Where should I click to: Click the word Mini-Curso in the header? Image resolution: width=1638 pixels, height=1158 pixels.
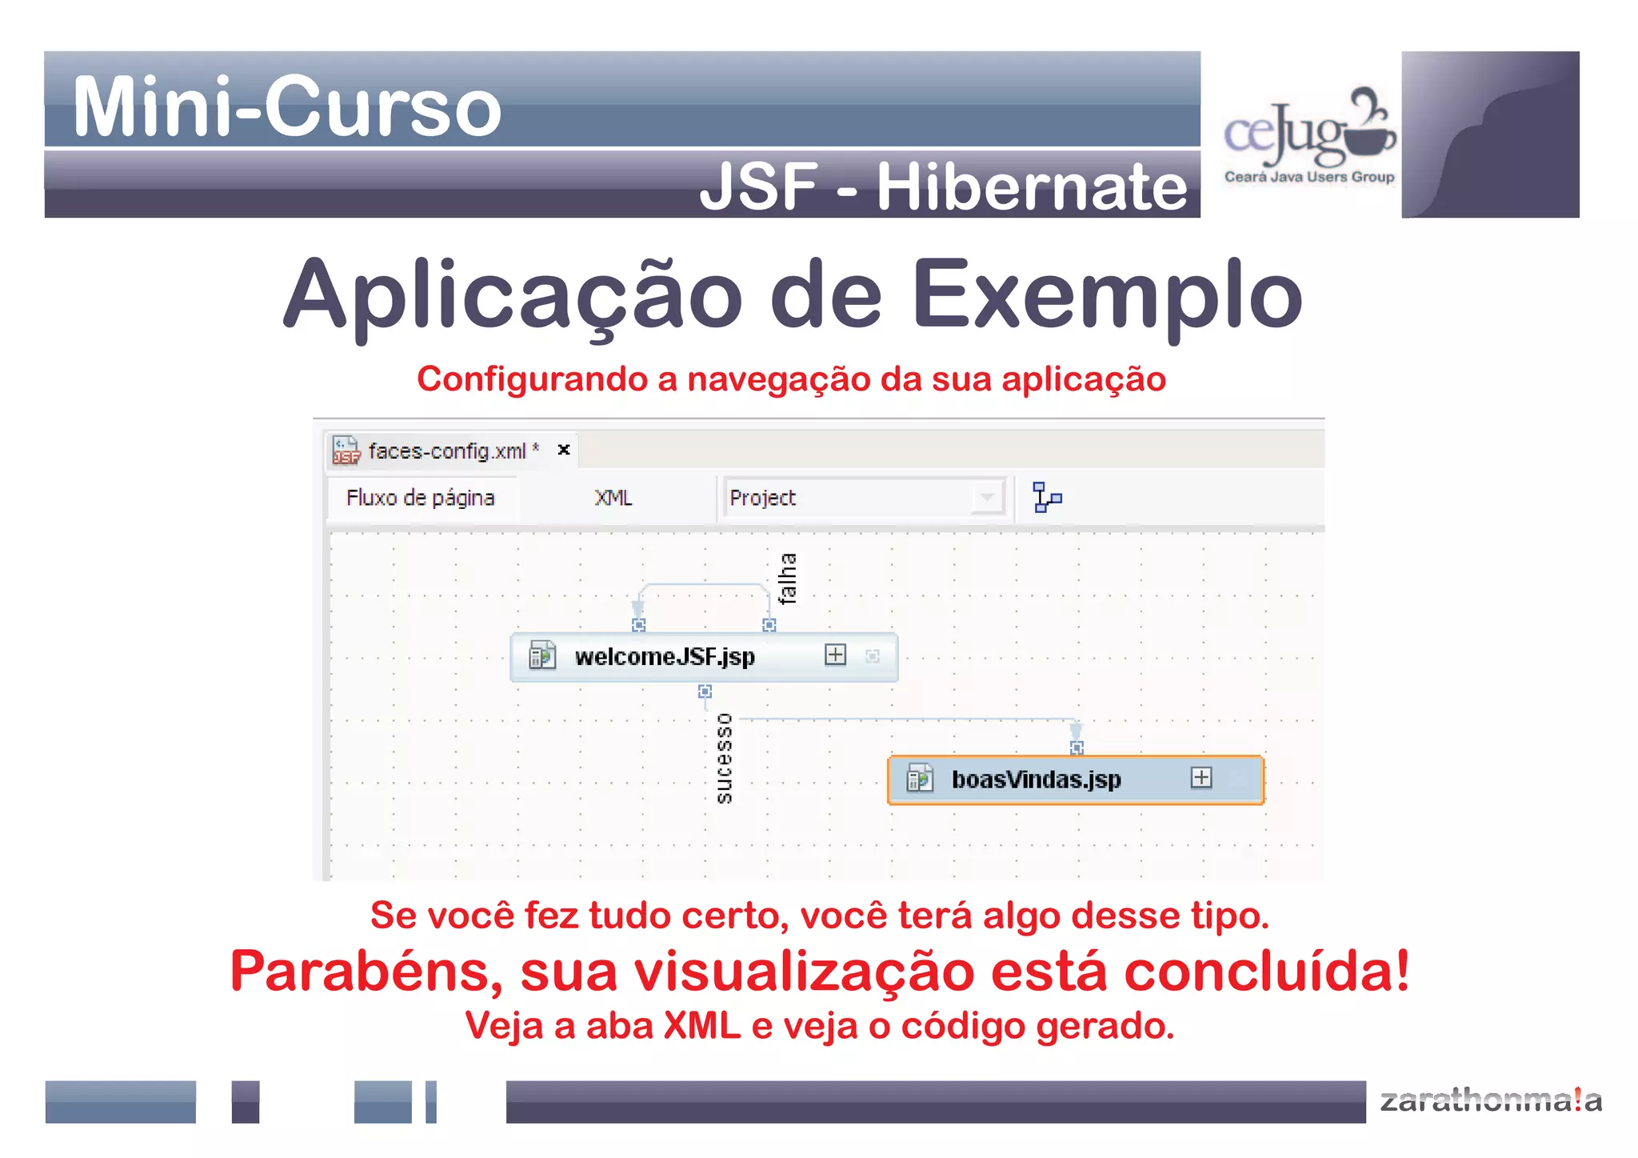click(x=286, y=106)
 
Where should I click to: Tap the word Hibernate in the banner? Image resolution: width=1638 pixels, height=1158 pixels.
click(x=1032, y=187)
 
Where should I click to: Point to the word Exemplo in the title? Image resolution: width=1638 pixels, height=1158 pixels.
click(x=1108, y=295)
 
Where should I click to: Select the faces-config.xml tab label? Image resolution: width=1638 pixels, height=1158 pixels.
click(x=446, y=451)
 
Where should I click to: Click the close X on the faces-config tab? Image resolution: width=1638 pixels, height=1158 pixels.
click(x=564, y=450)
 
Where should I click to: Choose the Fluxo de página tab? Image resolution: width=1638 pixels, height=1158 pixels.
click(x=420, y=498)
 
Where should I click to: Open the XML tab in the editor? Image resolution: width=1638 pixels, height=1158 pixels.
click(x=613, y=498)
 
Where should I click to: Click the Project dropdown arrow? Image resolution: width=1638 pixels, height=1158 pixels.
click(x=988, y=498)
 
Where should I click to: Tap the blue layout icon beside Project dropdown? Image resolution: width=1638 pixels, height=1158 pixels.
click(x=1046, y=498)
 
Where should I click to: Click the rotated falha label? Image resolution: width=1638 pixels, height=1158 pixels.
click(x=788, y=578)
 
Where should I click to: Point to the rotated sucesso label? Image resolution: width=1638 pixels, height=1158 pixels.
click(x=724, y=758)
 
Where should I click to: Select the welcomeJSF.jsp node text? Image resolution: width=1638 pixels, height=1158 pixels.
click(x=665, y=657)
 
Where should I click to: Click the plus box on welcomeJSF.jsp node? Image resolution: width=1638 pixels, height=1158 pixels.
click(x=835, y=655)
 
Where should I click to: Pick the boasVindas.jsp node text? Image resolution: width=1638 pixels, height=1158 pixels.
click(x=1036, y=779)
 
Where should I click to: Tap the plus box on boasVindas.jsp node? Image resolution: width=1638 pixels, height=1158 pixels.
click(x=1201, y=777)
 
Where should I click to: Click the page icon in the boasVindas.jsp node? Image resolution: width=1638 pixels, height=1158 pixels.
click(x=919, y=778)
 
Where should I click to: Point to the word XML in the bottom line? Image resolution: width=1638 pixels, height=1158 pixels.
click(x=702, y=1026)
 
